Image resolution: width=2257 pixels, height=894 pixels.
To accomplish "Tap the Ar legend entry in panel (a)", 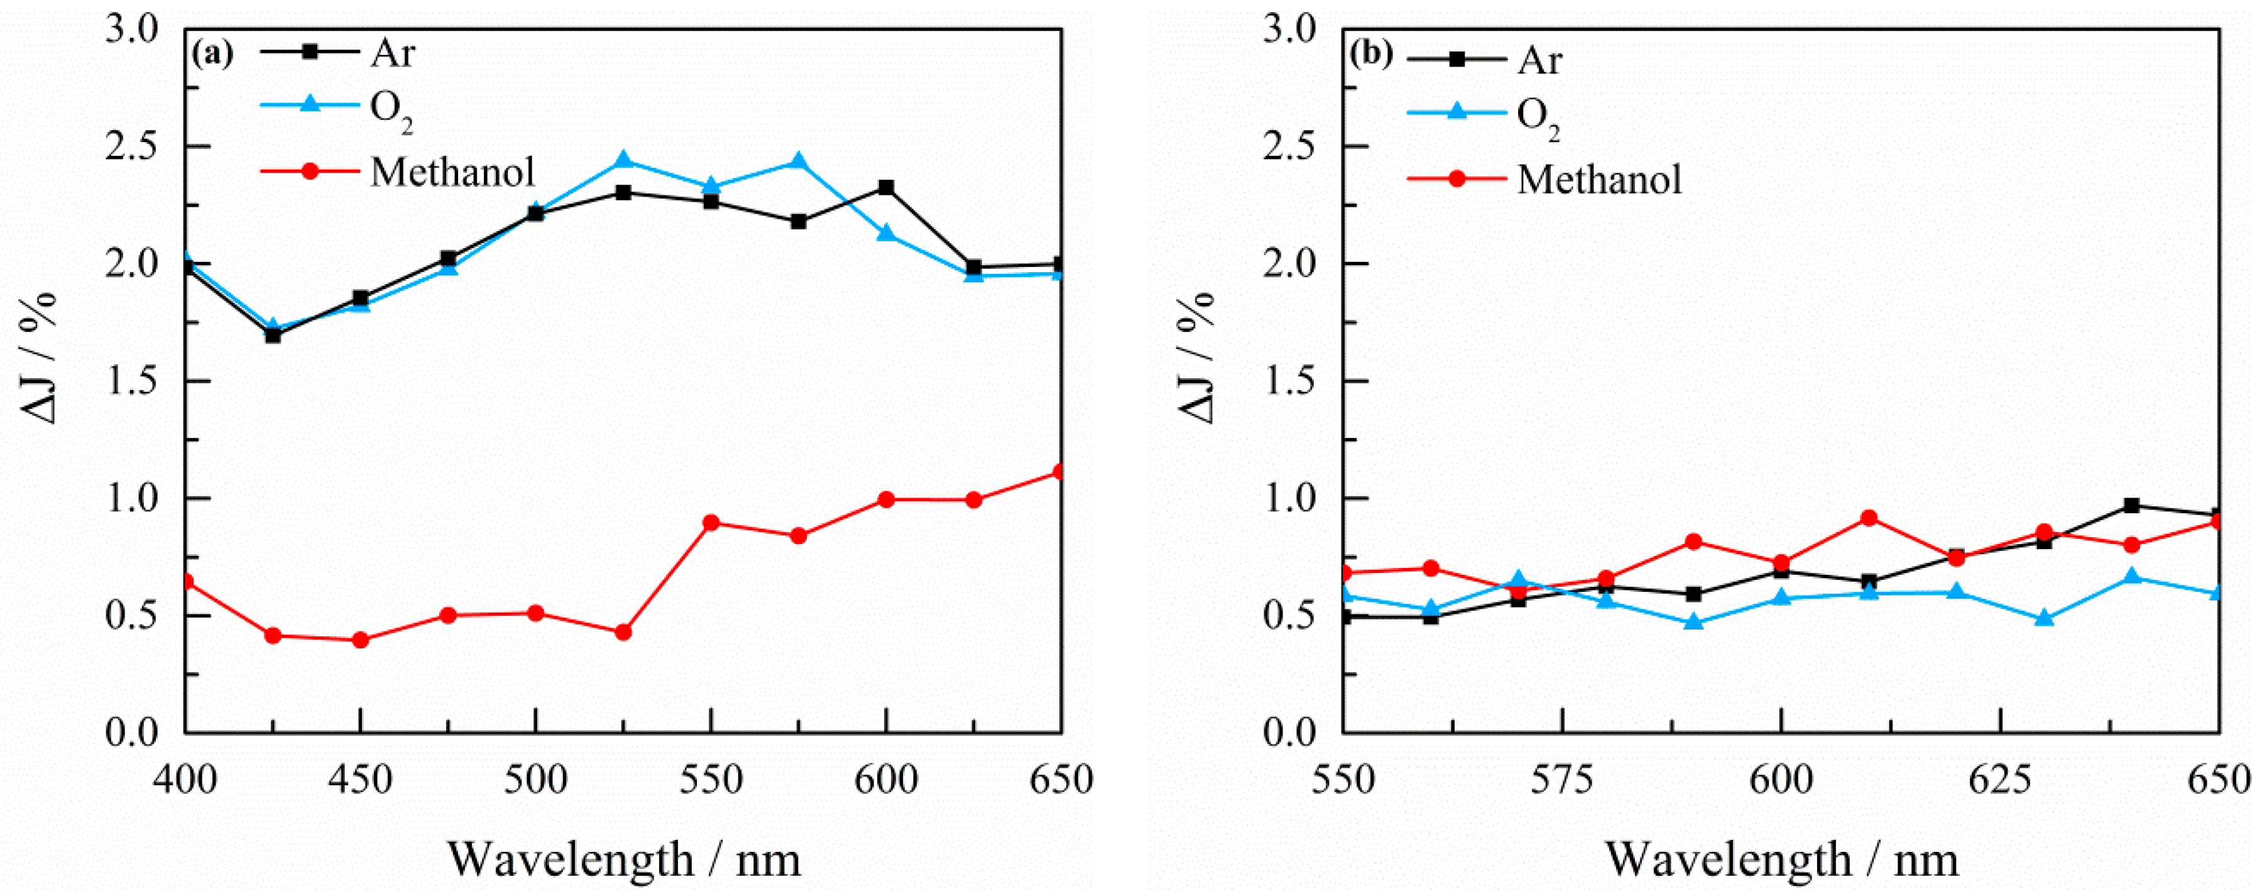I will (391, 53).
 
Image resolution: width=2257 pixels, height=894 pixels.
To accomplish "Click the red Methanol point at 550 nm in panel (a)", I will (711, 523).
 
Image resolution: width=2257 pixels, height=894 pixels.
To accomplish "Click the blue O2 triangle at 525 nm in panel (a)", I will (623, 160).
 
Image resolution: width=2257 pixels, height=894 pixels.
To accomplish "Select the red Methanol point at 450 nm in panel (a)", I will (360, 640).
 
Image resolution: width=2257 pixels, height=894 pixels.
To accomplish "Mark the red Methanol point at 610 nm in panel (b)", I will (1869, 518).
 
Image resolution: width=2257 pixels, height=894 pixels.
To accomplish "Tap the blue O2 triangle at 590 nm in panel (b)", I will (1693, 622).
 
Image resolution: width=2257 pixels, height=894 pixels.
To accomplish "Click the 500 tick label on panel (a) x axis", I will (535, 779).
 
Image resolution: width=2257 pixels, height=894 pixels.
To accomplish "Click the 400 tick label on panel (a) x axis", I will (185, 779).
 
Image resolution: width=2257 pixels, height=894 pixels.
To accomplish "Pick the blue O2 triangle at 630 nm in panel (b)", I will (2044, 618).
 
